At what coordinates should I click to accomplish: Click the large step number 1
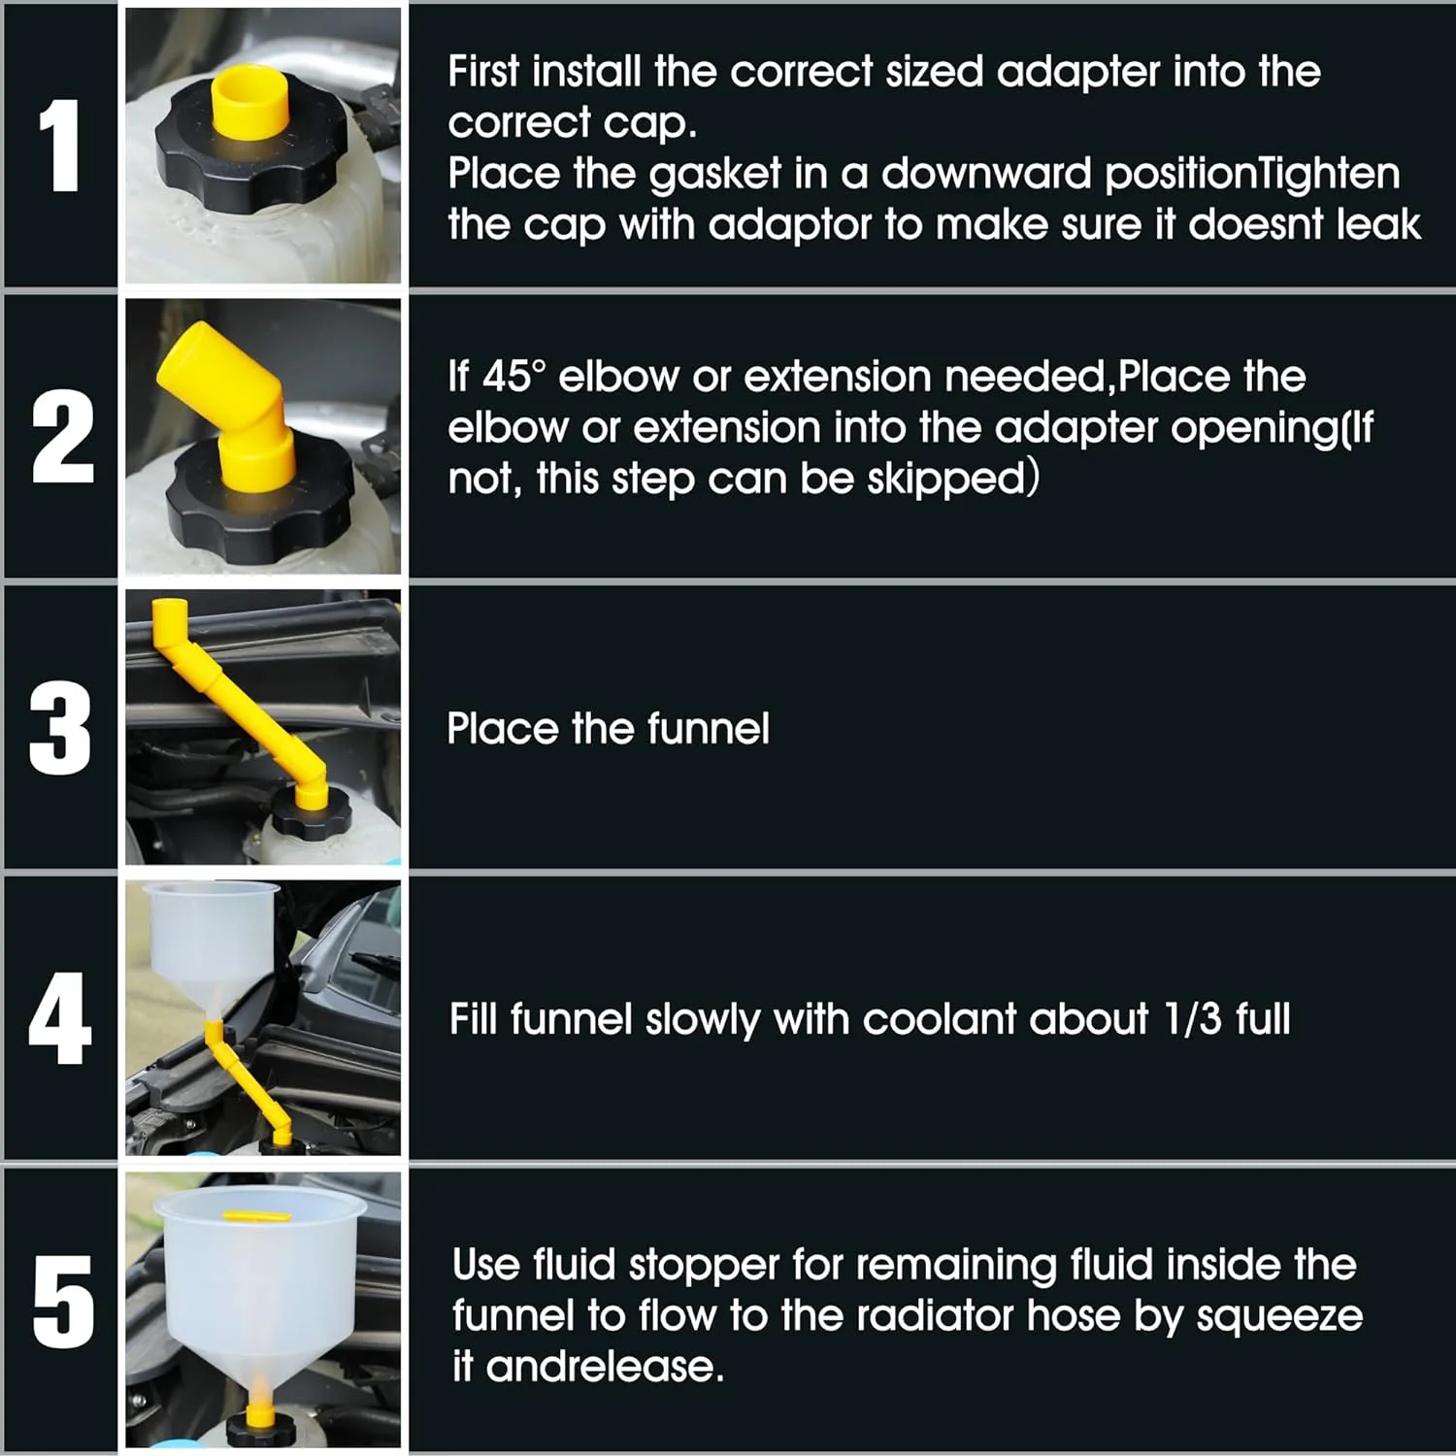60,146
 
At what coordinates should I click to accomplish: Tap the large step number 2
62,437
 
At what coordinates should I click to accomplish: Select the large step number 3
60,728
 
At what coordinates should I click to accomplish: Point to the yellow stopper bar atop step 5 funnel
257,1215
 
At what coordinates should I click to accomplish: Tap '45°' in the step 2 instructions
513,377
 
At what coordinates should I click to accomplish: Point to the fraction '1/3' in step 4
1192,1019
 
